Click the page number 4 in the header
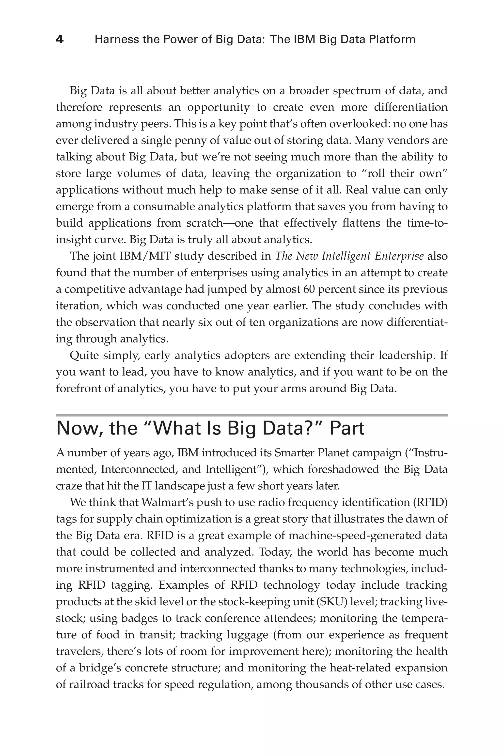[60, 40]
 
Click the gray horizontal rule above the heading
[252, 415]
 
